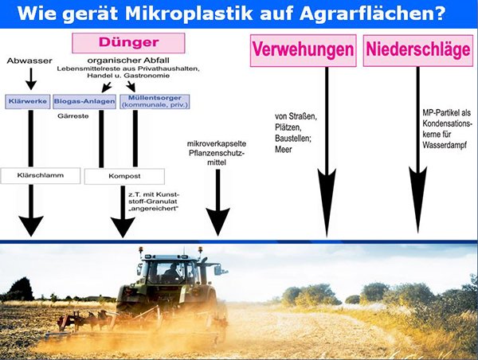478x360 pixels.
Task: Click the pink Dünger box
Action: [128, 43]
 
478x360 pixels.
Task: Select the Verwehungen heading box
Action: [304, 50]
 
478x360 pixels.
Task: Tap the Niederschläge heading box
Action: [418, 50]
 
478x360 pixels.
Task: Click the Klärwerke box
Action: [27, 101]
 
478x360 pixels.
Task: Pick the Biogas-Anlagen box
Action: [84, 101]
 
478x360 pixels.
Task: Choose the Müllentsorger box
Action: [155, 101]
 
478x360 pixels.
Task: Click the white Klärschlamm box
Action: [41, 175]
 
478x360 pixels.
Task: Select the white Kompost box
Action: [124, 176]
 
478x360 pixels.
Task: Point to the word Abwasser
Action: [29, 61]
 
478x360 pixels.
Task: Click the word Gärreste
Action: [73, 116]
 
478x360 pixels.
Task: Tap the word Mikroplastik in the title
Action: [189, 14]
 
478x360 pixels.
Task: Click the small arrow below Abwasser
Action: [31, 79]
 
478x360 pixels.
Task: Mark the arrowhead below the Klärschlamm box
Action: [31, 226]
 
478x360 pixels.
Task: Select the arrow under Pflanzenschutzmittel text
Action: [217, 203]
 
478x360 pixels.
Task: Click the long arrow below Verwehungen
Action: [327, 152]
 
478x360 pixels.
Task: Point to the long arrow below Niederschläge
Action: [417, 150]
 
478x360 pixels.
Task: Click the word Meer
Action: [284, 150]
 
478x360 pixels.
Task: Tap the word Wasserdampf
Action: [445, 145]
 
